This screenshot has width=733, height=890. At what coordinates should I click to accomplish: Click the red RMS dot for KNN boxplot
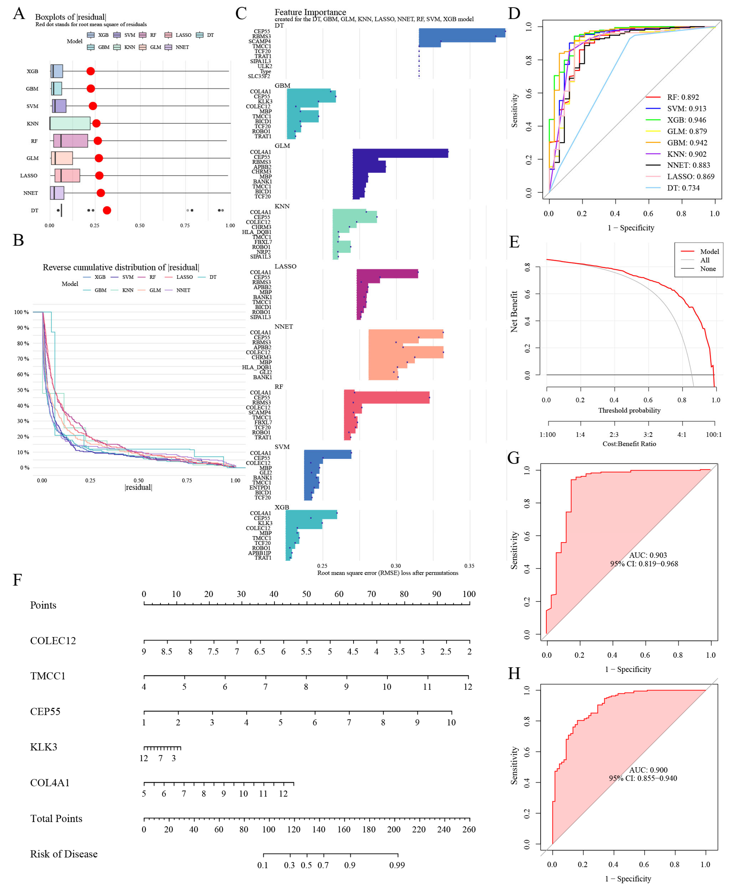point(96,123)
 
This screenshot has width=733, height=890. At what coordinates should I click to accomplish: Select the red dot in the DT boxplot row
point(107,210)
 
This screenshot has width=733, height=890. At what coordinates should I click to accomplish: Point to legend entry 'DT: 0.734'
point(683,188)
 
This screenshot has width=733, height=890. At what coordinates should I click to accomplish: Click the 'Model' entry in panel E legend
point(709,252)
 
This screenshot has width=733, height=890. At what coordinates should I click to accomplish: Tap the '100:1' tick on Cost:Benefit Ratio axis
point(714,434)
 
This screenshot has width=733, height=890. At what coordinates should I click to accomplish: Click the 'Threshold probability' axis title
point(629,410)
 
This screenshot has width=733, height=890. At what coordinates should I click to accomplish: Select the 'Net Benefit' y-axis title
point(514,312)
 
